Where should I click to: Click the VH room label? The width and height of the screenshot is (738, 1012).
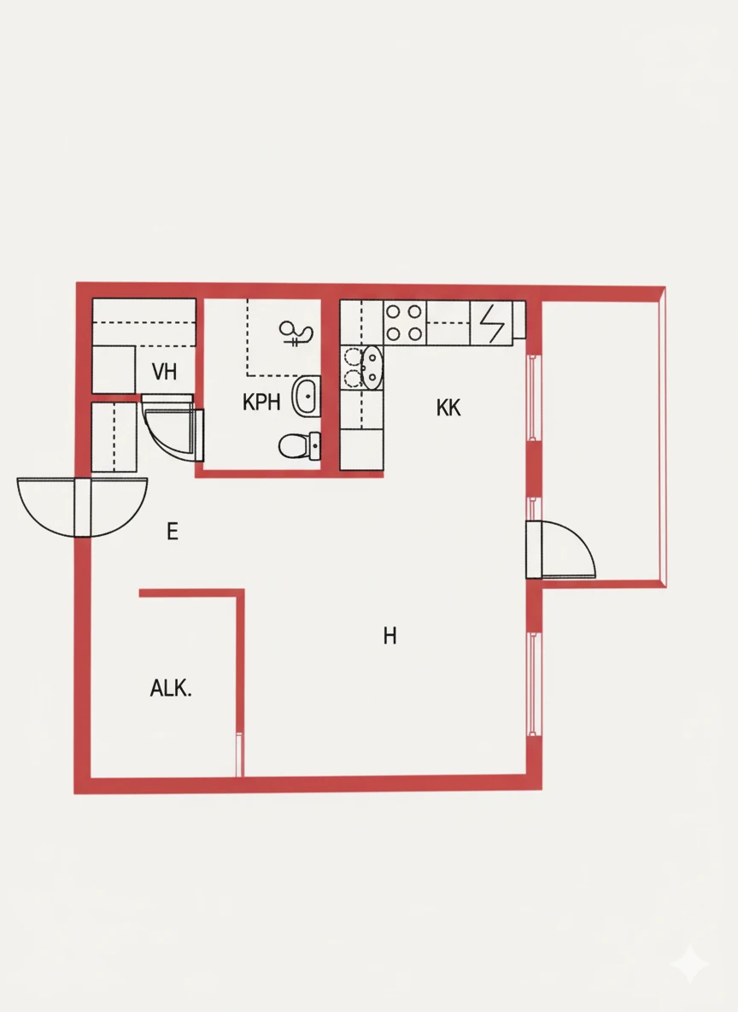pyautogui.click(x=164, y=372)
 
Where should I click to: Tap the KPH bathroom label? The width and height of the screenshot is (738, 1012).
pyautogui.click(x=261, y=403)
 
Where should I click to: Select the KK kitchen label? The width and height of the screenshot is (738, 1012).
pyautogui.click(x=448, y=409)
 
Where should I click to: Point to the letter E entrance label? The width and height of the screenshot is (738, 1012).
pyautogui.click(x=173, y=532)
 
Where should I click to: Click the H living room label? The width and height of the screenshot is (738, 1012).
pyautogui.click(x=390, y=636)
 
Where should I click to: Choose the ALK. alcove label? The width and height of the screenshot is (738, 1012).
pyautogui.click(x=171, y=688)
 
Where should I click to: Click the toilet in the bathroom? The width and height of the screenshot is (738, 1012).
pyautogui.click(x=296, y=444)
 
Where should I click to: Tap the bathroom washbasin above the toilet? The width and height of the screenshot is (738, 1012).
pyautogui.click(x=305, y=396)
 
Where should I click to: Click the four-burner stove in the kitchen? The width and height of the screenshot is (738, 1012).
pyautogui.click(x=405, y=322)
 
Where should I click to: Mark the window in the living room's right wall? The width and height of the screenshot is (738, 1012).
pyautogui.click(x=533, y=684)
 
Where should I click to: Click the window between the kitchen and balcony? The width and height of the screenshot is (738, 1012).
pyautogui.click(x=533, y=397)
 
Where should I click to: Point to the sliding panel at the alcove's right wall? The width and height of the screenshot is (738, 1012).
pyautogui.click(x=239, y=754)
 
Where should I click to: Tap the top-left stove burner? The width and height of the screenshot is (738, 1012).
pyautogui.click(x=394, y=312)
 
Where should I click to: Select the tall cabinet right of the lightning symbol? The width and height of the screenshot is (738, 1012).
pyautogui.click(x=518, y=321)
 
